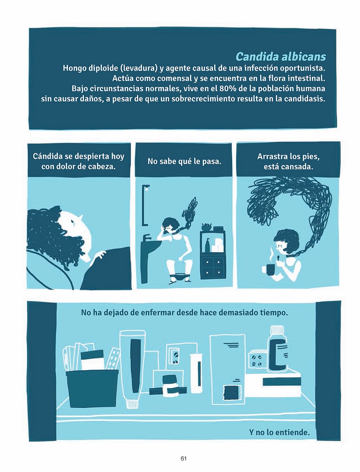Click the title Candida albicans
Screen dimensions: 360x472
[x=281, y=57]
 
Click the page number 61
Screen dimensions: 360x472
[x=184, y=458]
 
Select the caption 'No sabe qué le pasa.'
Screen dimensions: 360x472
[x=184, y=161]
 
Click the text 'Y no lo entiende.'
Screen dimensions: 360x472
[x=279, y=432]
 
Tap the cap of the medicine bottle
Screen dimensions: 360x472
[x=277, y=331]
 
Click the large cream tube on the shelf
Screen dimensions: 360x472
[x=133, y=368]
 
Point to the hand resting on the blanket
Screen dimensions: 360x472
[x=98, y=256]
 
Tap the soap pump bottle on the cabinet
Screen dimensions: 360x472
[x=208, y=245]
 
